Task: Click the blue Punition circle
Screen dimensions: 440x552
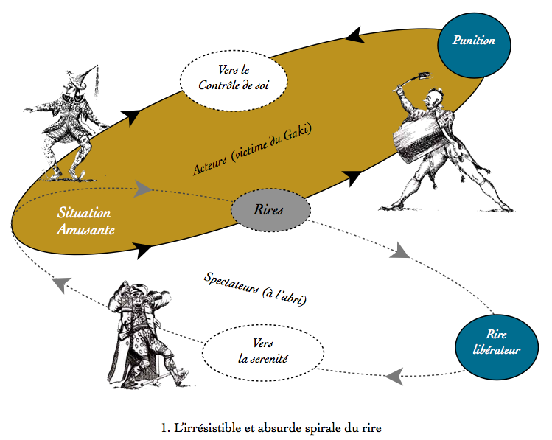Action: [473, 42]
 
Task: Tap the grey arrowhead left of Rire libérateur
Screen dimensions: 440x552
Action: [394, 376]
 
